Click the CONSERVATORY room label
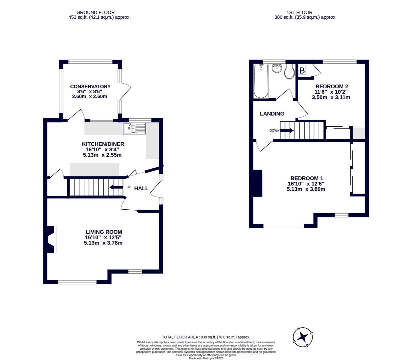click(x=90, y=87)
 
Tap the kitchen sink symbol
click(x=134, y=128)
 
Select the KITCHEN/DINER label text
click(x=103, y=144)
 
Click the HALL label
click(x=141, y=189)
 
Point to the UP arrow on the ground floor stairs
click(x=116, y=187)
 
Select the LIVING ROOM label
click(x=104, y=232)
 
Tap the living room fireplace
click(x=51, y=239)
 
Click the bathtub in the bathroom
click(x=261, y=81)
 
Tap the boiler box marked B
click(x=302, y=71)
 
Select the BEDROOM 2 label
click(x=332, y=86)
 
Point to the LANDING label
click(x=272, y=114)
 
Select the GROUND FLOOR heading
click(x=95, y=13)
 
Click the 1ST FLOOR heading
click(x=299, y=13)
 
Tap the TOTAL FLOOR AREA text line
click(x=206, y=337)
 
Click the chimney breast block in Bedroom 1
click(x=258, y=183)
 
